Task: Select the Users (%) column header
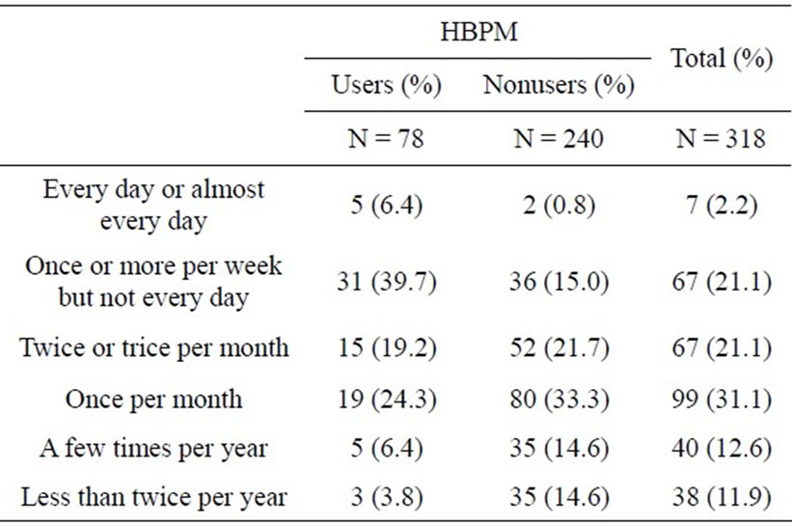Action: tap(386, 85)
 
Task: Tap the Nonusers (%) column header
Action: tap(559, 85)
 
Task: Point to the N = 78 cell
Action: tap(386, 138)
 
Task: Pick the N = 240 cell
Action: tap(559, 138)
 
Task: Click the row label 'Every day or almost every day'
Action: tap(154, 205)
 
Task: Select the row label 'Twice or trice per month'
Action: tap(154, 346)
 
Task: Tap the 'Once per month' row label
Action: tap(154, 398)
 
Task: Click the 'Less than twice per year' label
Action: tap(154, 498)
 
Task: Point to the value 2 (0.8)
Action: tap(559, 205)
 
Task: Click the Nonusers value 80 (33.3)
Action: tap(559, 398)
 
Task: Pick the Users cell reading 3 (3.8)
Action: tap(386, 498)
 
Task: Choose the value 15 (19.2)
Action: tap(386, 346)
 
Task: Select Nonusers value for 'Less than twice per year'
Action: tap(559, 498)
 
